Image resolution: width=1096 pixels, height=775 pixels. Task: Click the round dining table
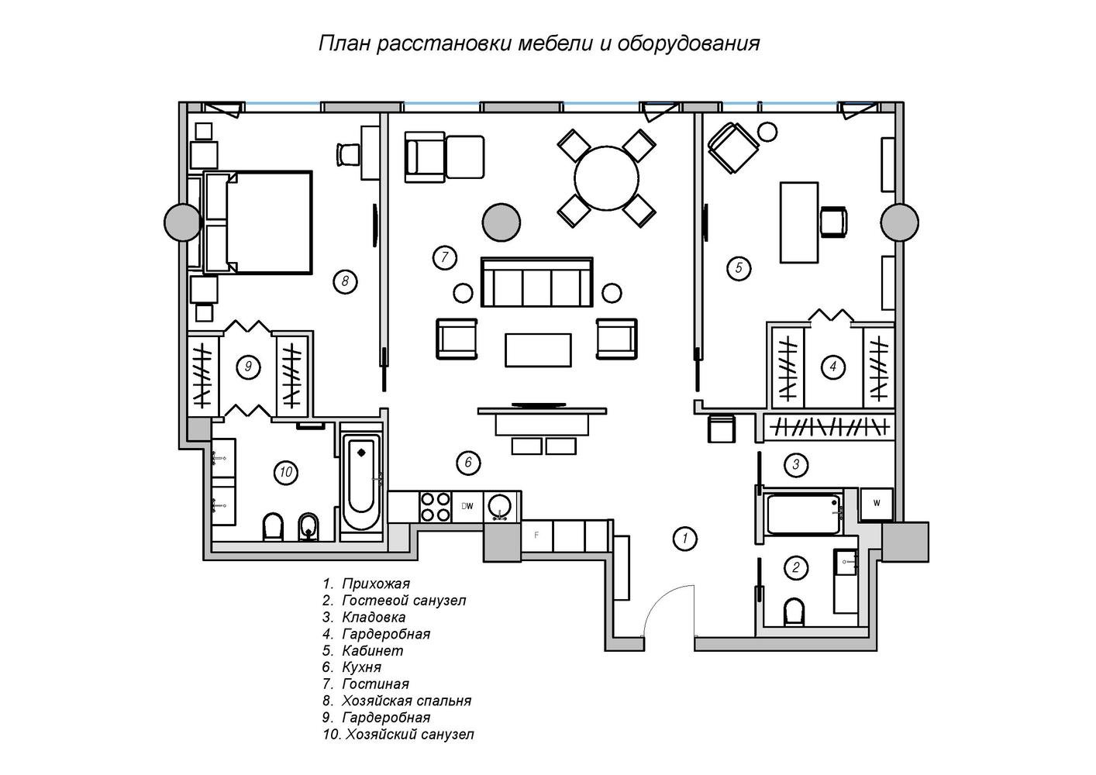click(606, 178)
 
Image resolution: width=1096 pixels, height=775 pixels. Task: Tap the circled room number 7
click(444, 257)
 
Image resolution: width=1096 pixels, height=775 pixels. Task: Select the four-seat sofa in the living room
click(536, 282)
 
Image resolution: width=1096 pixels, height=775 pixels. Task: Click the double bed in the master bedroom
click(258, 222)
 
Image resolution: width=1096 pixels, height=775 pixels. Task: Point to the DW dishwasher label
click(467, 506)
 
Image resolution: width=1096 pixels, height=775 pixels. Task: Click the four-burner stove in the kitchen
click(436, 507)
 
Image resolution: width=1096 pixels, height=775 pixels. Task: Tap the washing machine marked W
click(877, 504)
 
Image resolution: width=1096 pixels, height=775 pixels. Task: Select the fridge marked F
click(536, 536)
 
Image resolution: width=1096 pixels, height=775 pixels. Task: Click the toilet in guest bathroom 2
click(794, 611)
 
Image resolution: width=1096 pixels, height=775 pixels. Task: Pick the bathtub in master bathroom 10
click(361, 481)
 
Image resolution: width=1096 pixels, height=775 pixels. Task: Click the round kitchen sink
click(499, 506)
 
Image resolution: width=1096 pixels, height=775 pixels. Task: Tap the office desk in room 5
click(799, 222)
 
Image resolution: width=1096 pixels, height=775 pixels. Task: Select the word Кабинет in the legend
click(372, 651)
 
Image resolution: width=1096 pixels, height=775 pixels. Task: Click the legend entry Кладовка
click(364, 617)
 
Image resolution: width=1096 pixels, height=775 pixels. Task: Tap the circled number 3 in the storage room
click(795, 464)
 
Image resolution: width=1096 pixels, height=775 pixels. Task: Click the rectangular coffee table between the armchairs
click(538, 350)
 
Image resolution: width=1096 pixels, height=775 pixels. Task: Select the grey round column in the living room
click(501, 222)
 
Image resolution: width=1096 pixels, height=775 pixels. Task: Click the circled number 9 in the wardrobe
click(248, 367)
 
